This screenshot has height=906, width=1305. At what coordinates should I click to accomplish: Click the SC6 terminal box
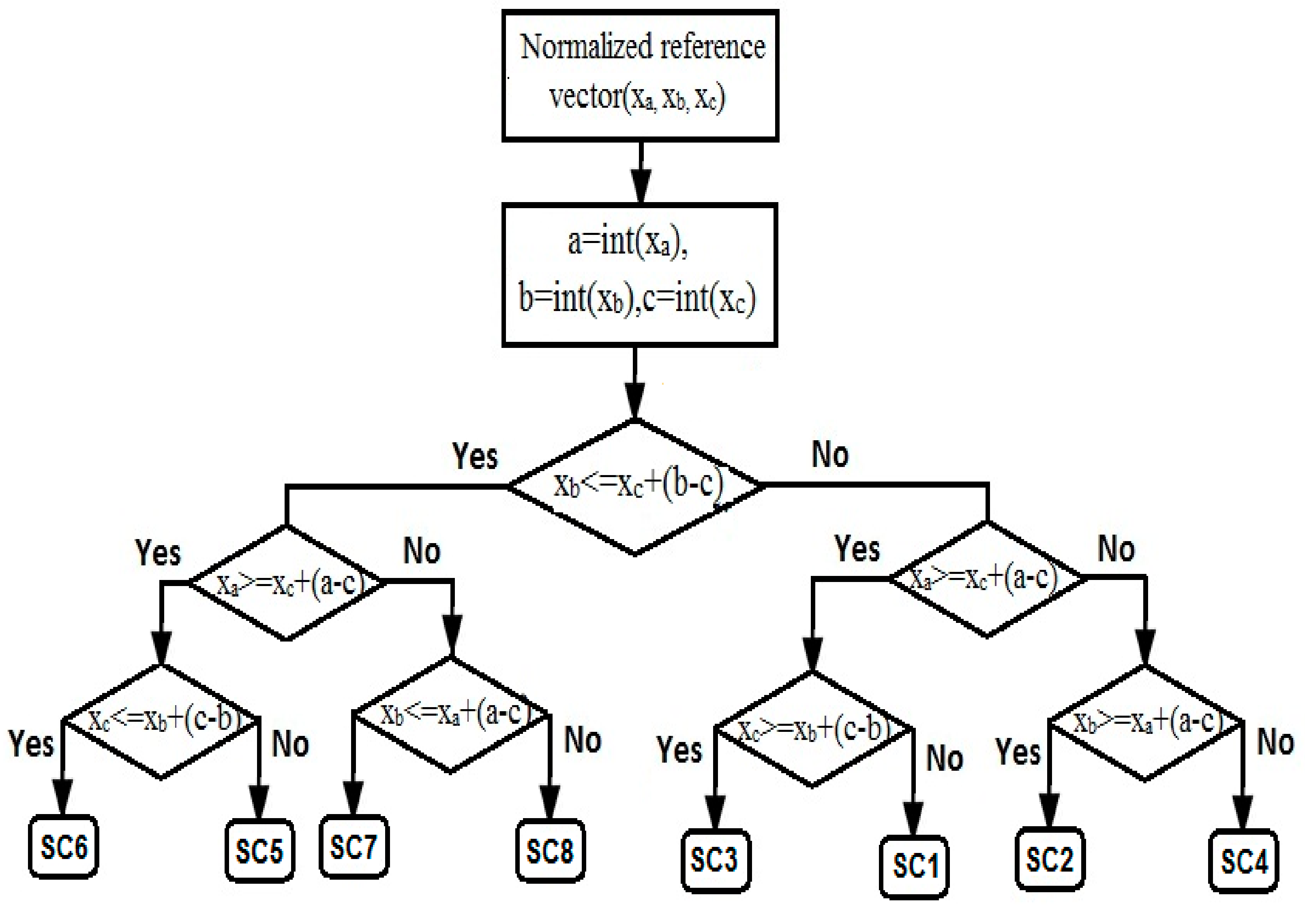pos(64,847)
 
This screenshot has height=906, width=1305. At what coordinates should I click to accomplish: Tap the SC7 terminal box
pos(354,847)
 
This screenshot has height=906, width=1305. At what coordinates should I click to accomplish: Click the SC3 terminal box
pos(715,859)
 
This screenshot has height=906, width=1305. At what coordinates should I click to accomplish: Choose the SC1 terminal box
pos(913,865)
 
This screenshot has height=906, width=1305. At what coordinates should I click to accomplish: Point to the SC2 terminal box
pos(1049,858)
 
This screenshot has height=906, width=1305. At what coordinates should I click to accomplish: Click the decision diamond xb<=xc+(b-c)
pos(636,487)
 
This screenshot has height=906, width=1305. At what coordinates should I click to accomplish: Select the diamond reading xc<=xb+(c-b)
pos(161,721)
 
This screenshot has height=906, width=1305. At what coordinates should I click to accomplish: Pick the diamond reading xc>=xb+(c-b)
pos(813,730)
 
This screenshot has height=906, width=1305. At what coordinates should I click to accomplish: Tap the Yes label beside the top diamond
pos(475,456)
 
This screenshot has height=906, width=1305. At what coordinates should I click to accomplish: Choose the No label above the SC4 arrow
pos(1275,742)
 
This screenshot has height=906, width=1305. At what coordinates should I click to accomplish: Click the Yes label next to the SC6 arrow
pos(31,743)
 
